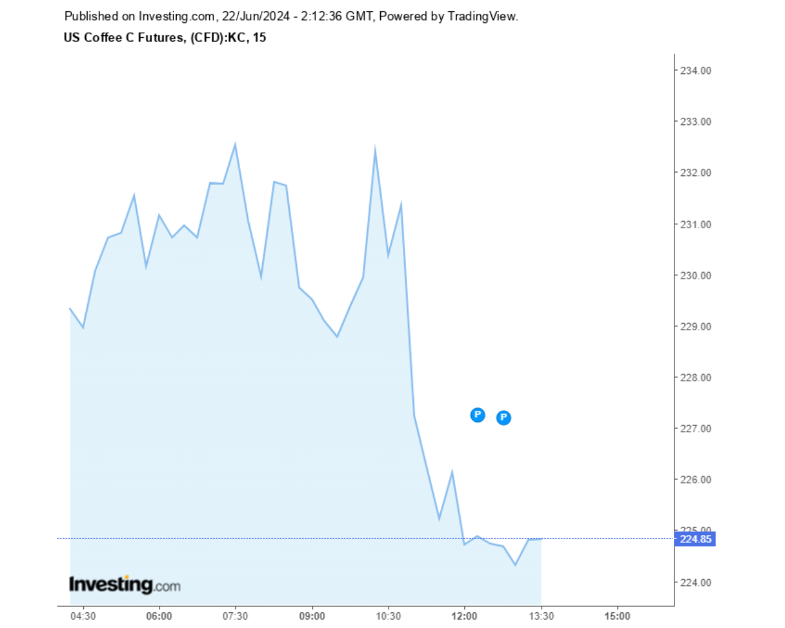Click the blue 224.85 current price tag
tap(698, 539)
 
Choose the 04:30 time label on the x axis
tap(83, 616)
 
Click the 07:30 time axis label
tap(235, 616)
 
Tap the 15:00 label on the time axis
tap(617, 616)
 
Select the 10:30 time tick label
tap(388, 616)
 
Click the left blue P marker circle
tap(478, 415)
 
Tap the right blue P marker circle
tap(503, 417)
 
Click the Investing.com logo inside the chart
tap(124, 584)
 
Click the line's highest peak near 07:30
tap(235, 144)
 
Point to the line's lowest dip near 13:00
tap(515, 565)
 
